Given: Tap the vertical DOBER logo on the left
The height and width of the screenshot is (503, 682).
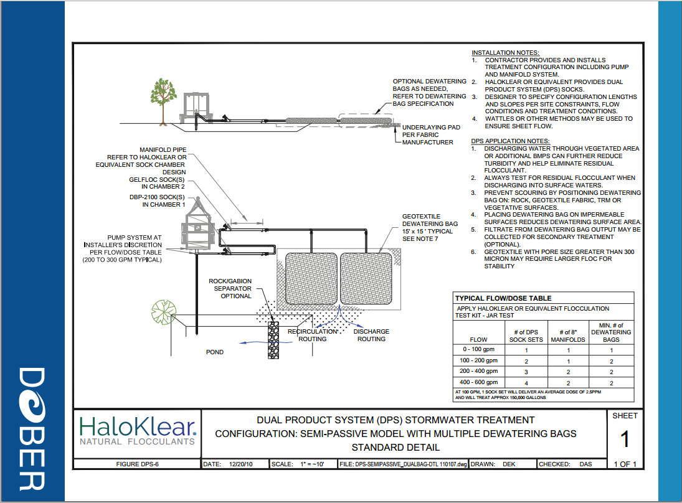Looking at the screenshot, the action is point(32,429).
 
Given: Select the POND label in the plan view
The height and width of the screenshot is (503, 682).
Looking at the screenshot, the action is point(215,352).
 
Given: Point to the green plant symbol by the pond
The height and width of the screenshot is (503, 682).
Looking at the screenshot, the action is point(164,312).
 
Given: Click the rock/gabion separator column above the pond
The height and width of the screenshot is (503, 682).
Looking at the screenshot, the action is point(273,340).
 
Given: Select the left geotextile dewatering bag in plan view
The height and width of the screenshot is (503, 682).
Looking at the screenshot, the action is point(311,279).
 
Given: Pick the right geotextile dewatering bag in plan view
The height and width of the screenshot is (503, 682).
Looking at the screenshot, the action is point(366,279).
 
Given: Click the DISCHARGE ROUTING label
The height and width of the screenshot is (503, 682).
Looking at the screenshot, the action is point(371,335).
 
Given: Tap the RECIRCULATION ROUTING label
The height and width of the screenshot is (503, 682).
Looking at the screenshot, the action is point(312,335).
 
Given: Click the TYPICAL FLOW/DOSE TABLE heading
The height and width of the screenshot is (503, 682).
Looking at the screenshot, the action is point(503,298).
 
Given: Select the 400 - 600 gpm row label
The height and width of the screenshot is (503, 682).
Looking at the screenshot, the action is point(478,382).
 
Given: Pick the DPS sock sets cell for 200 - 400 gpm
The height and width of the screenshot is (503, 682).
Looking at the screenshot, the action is point(526,372).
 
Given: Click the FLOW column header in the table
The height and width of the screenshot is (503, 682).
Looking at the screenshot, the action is point(478,339).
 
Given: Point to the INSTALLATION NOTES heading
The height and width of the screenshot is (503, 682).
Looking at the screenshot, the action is point(505,53).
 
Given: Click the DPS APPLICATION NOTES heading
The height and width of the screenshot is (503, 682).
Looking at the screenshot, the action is point(510,141).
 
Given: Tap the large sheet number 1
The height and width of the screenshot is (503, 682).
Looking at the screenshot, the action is point(625,439).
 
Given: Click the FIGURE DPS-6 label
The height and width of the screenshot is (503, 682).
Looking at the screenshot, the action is point(137,464).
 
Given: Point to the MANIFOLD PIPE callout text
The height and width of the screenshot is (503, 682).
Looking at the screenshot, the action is point(163,149).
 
